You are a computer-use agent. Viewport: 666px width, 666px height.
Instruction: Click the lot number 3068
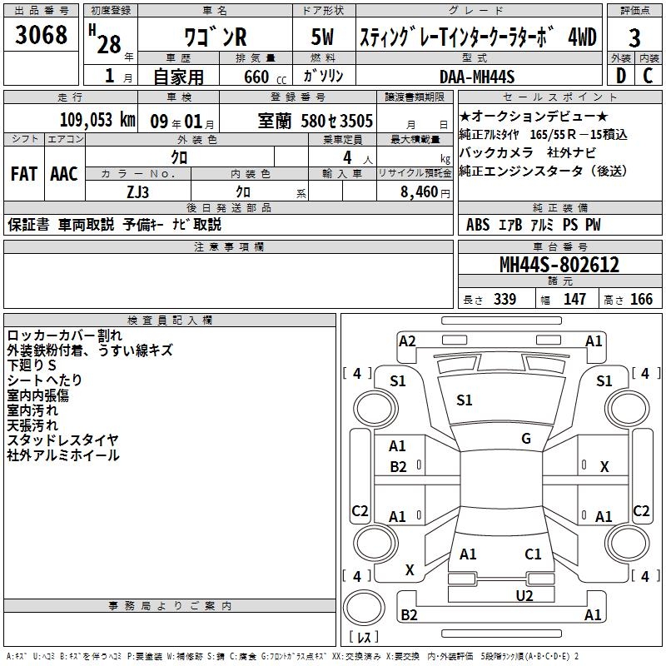[x=41, y=34]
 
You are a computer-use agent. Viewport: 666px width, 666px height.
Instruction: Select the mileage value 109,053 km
[x=97, y=120]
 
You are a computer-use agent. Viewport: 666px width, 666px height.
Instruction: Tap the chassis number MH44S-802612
[x=559, y=265]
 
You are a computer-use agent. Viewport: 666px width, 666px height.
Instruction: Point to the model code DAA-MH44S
[x=477, y=77]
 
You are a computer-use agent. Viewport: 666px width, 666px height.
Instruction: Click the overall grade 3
[x=634, y=38]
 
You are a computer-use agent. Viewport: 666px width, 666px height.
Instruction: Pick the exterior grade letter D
[x=621, y=76]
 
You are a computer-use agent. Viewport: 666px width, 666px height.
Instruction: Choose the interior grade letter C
[x=649, y=76]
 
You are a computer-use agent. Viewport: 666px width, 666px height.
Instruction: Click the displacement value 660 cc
[x=265, y=77]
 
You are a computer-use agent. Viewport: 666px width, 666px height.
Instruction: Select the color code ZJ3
[x=138, y=192]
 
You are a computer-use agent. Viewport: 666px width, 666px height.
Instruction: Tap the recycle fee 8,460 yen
[x=425, y=192]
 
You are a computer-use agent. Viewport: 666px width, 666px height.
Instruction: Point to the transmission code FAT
[x=24, y=174]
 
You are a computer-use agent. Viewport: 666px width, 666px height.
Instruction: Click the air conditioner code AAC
[x=64, y=174]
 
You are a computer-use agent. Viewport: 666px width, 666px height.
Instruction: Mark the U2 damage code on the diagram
[x=524, y=595]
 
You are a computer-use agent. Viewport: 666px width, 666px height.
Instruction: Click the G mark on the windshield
[x=526, y=439]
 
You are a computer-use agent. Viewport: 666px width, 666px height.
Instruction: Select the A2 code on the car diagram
[x=407, y=341]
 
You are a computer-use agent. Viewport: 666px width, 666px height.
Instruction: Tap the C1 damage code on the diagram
[x=533, y=554]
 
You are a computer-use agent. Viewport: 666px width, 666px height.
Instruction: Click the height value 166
[x=641, y=299]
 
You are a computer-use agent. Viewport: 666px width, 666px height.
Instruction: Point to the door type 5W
[x=322, y=37]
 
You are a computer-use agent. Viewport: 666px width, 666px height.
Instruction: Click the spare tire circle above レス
[x=364, y=608]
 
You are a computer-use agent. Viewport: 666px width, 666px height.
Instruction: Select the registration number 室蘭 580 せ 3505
[x=316, y=121]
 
